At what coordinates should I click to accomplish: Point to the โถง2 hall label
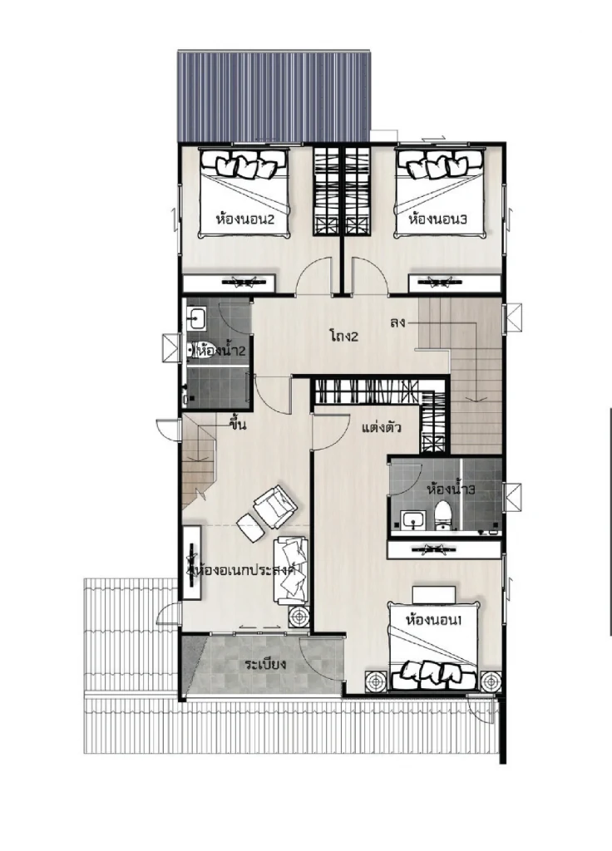pyautogui.click(x=343, y=336)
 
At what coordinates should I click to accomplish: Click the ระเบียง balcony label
pyautogui.click(x=265, y=664)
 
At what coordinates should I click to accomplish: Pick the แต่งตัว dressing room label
pyautogui.click(x=381, y=428)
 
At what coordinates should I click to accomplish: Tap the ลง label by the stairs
pyautogui.click(x=397, y=322)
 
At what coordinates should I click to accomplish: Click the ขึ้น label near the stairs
pyautogui.click(x=238, y=425)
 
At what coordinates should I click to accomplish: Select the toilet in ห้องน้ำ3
pyautogui.click(x=444, y=514)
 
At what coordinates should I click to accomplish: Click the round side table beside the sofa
pyautogui.click(x=299, y=617)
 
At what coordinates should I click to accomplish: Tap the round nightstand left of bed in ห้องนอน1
pyautogui.click(x=376, y=681)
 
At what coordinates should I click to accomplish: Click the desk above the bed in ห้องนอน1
pyautogui.click(x=434, y=593)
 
